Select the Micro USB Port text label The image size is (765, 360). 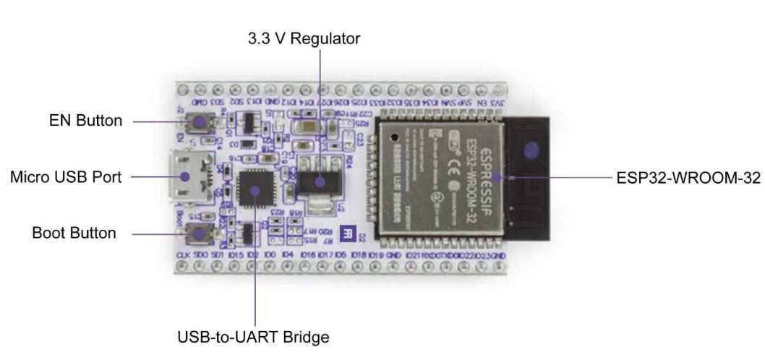click(x=64, y=176)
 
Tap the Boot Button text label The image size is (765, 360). click(x=74, y=233)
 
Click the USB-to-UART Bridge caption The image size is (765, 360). click(x=253, y=336)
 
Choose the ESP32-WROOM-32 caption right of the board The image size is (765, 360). click(x=686, y=176)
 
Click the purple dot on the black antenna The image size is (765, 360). click(x=531, y=151)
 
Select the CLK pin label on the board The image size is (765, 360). click(x=183, y=256)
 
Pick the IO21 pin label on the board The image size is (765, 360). click(x=413, y=256)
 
